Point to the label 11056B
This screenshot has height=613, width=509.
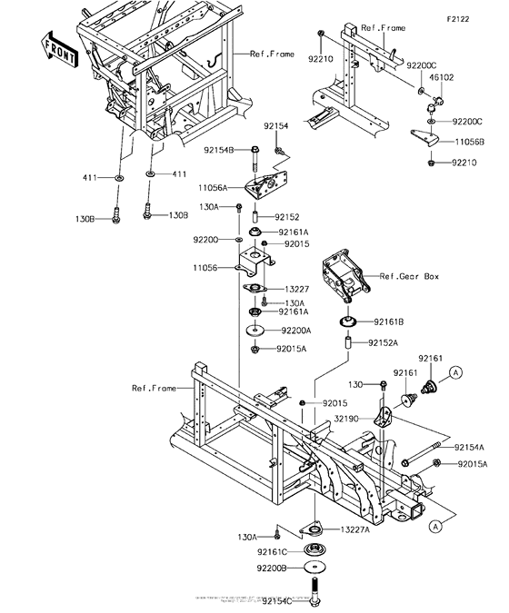coord(469,143)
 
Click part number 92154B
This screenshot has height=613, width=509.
coord(218,149)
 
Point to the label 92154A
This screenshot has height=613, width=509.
coord(471,448)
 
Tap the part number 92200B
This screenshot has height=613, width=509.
coord(270,568)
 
